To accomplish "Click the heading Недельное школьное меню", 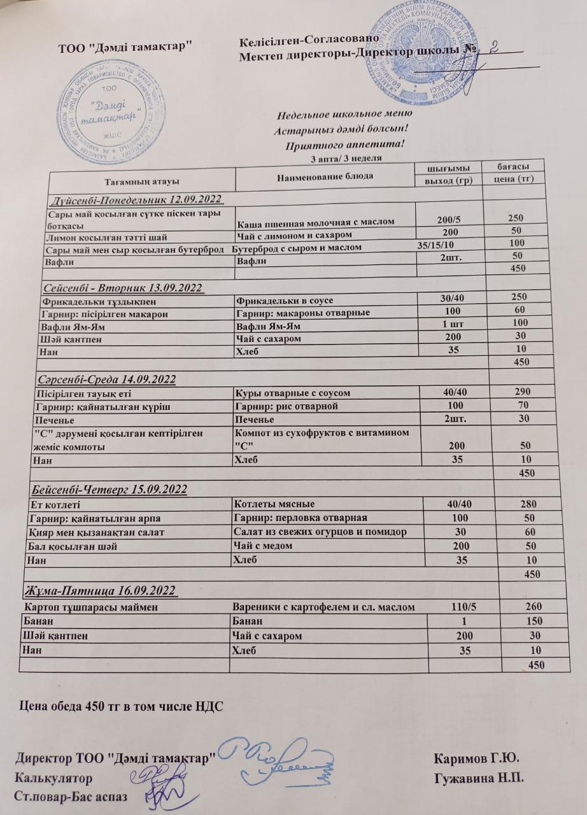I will [343, 115].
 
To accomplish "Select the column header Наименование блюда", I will [325, 174].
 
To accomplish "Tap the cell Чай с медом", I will [265, 546].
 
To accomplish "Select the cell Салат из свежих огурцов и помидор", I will [320, 532].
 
